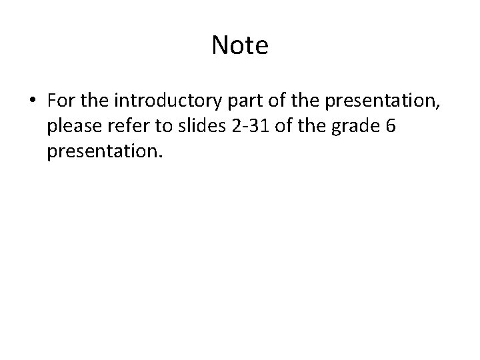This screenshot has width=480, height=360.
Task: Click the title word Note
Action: click(240, 46)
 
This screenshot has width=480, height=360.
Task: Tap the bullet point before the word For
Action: click(33, 100)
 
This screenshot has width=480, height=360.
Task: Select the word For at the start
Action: click(61, 100)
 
